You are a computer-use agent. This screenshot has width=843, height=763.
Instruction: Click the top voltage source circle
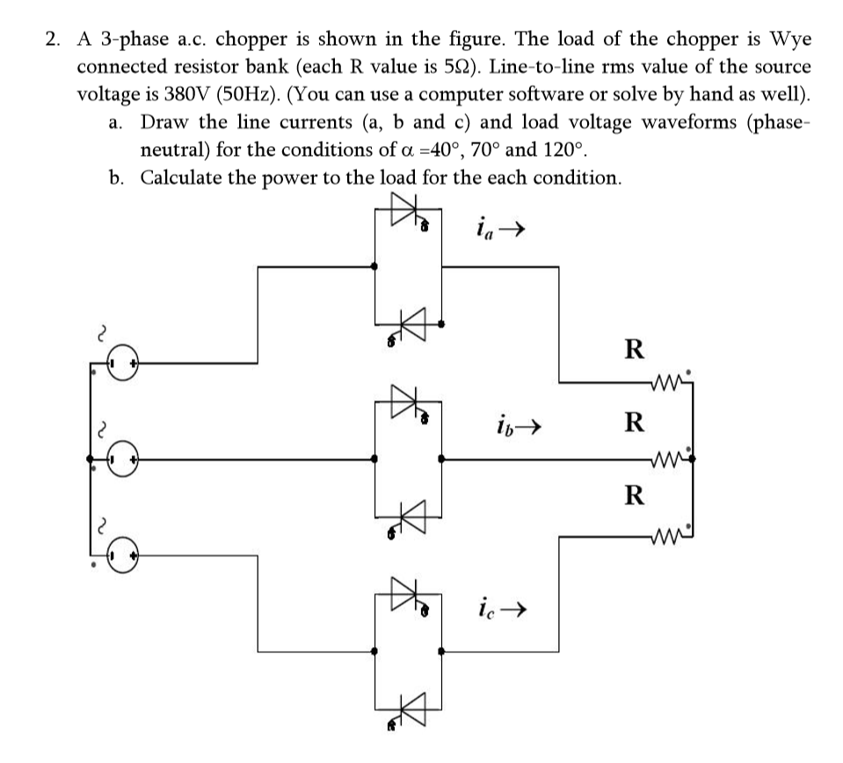click(x=123, y=363)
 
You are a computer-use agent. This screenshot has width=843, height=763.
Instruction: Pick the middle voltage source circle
click(x=123, y=459)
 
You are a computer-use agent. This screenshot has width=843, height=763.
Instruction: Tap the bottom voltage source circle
click(x=123, y=556)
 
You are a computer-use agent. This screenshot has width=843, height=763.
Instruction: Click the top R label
click(x=632, y=349)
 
